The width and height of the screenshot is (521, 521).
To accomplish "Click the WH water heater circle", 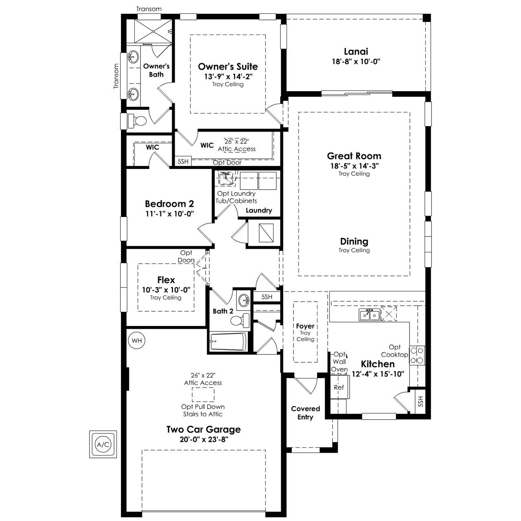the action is (x=136, y=341).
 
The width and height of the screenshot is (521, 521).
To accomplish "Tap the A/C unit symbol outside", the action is (x=103, y=444).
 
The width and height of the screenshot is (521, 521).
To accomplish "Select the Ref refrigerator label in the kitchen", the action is (x=339, y=387).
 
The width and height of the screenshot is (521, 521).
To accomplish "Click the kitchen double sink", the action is (x=369, y=315).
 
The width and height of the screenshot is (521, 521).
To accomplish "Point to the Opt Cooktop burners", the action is (x=417, y=355).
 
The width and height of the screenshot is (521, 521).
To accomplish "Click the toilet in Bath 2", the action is (x=240, y=321).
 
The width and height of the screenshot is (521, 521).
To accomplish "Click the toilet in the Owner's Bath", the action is (x=137, y=120).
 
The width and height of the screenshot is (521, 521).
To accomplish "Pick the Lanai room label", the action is (x=356, y=51).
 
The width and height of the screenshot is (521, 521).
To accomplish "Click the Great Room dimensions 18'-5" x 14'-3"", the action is (x=354, y=166).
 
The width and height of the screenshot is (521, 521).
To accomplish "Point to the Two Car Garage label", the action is (x=204, y=429).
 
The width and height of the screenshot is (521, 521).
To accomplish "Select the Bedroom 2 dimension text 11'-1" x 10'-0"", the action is (x=170, y=214).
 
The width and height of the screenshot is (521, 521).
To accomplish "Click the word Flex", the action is (x=166, y=280).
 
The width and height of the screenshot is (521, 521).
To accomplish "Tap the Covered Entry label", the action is (x=306, y=413).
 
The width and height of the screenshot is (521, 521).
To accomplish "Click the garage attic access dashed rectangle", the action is (x=203, y=394).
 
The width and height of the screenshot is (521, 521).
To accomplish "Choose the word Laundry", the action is (x=259, y=210).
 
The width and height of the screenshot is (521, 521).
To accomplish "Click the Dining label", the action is (x=354, y=241).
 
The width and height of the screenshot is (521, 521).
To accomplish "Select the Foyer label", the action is (x=305, y=326).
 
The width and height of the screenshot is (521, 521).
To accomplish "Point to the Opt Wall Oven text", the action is (x=339, y=361).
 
